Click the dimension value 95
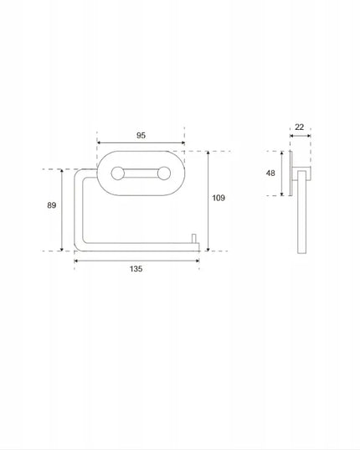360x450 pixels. tap(141, 135)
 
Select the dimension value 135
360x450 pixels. tap(136, 269)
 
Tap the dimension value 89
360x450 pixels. tap(52, 205)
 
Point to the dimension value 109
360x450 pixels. tap(219, 198)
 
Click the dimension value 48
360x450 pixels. tap(270, 173)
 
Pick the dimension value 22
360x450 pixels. tap(299, 127)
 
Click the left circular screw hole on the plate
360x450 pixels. tap(117, 173)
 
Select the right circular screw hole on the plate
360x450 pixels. tap(164, 173)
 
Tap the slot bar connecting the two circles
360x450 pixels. tap(141, 173)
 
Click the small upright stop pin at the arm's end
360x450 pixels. tap(194, 239)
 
